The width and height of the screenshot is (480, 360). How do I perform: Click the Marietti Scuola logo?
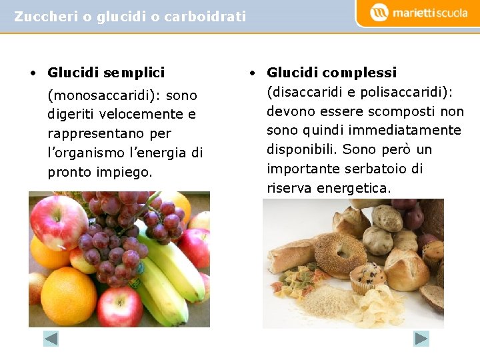tap(419, 13)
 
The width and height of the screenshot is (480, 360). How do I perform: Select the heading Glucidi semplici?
tap(106, 72)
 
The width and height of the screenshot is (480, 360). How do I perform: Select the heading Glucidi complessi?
tap(331, 72)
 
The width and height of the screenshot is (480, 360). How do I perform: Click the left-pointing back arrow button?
tap(51, 339)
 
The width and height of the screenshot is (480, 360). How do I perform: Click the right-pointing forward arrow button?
tap(421, 339)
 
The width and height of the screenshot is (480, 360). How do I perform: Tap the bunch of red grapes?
tap(123, 237)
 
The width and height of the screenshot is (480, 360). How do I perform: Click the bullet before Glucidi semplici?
tap(33, 73)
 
